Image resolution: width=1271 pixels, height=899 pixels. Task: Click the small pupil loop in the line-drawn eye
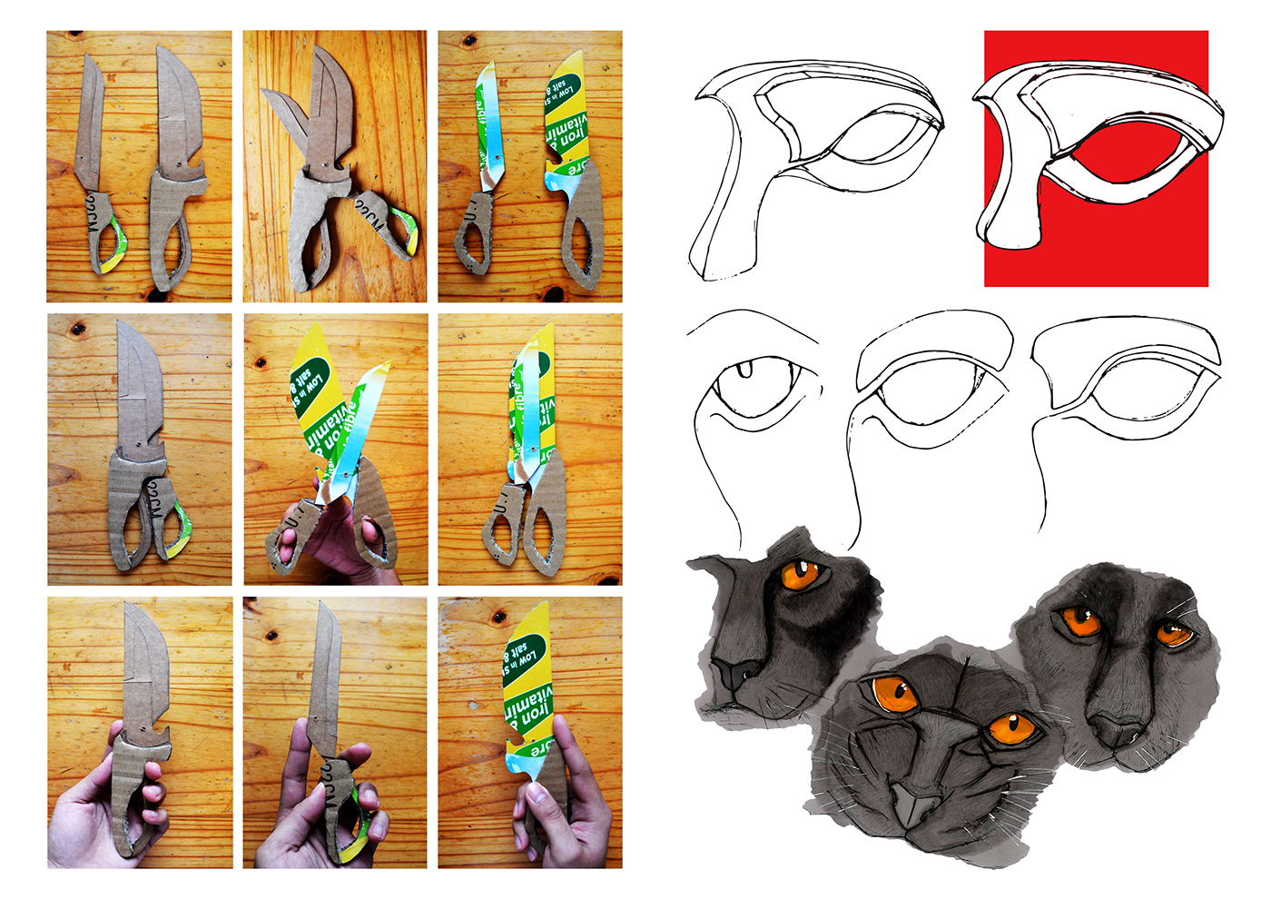tap(746, 369)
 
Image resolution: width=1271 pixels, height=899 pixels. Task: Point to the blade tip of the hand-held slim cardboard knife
tap(324, 607)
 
